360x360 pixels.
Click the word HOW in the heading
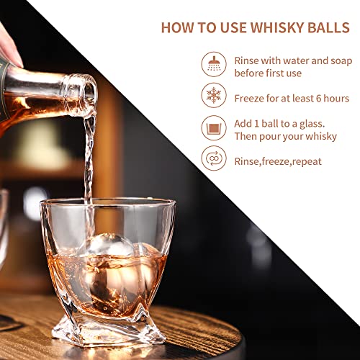pos(177,27)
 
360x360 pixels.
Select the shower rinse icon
pos(215,66)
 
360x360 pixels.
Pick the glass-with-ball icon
pos(215,130)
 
